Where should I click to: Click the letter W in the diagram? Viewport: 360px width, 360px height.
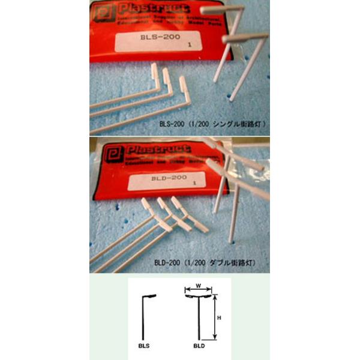point(198,286)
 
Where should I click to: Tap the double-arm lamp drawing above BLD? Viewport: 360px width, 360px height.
point(199,315)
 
